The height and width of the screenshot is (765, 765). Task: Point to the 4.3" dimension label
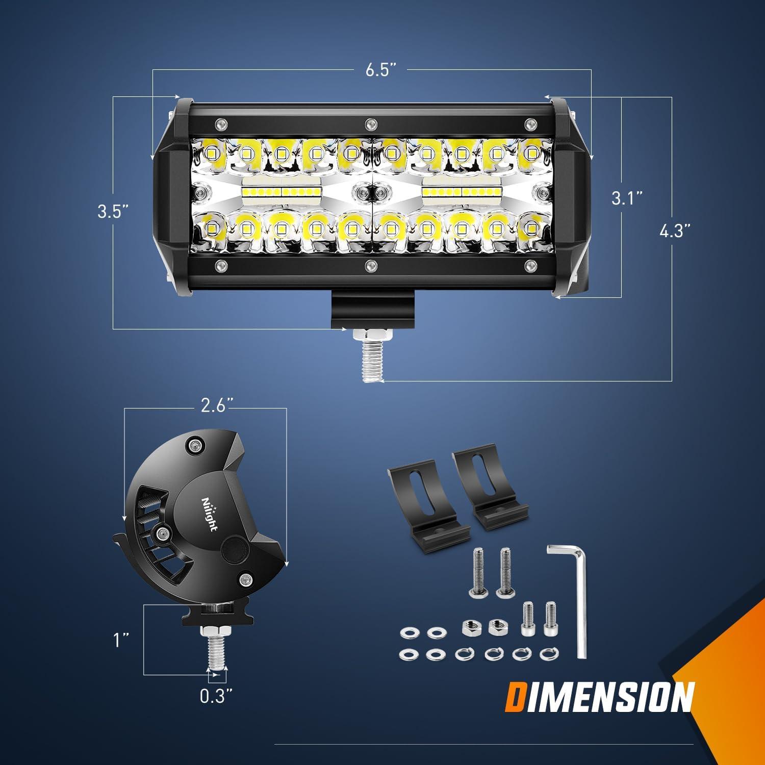point(674,231)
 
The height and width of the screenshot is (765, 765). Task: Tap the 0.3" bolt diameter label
point(216,696)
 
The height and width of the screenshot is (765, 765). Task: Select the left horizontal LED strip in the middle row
point(282,191)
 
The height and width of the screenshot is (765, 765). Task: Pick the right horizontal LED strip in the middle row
point(462,191)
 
